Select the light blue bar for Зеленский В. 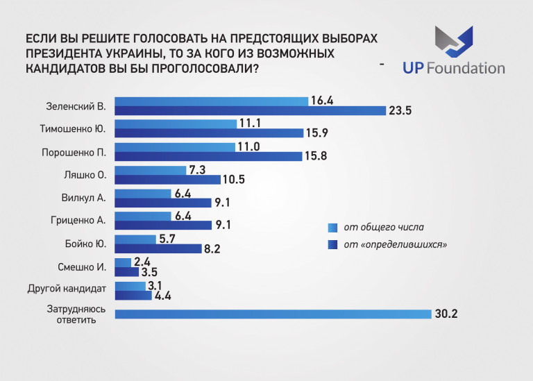[x=211, y=101]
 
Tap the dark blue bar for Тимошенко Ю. [x=209, y=133]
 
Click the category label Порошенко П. [x=74, y=151]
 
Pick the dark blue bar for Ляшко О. [x=167, y=179]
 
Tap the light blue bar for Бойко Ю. [x=135, y=239]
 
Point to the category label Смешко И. [x=81, y=266]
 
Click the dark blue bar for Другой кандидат [x=133, y=295]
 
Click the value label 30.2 [x=446, y=314]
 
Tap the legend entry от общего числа [x=383, y=227]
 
